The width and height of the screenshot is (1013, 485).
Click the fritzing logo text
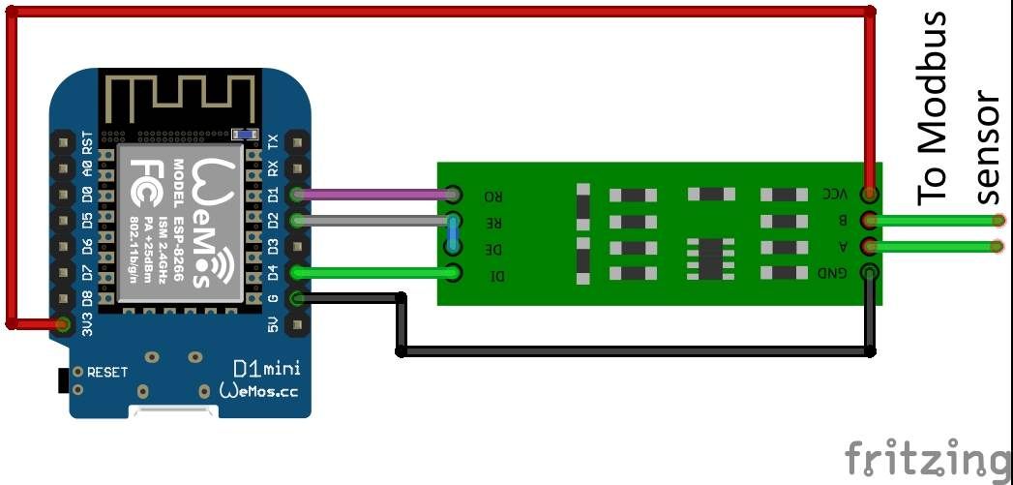click(925, 458)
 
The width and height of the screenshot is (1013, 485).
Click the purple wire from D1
click(377, 195)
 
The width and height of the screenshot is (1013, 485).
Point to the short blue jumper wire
click(453, 234)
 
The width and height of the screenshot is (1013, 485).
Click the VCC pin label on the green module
click(835, 194)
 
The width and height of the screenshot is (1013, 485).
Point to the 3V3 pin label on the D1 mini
click(87, 324)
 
